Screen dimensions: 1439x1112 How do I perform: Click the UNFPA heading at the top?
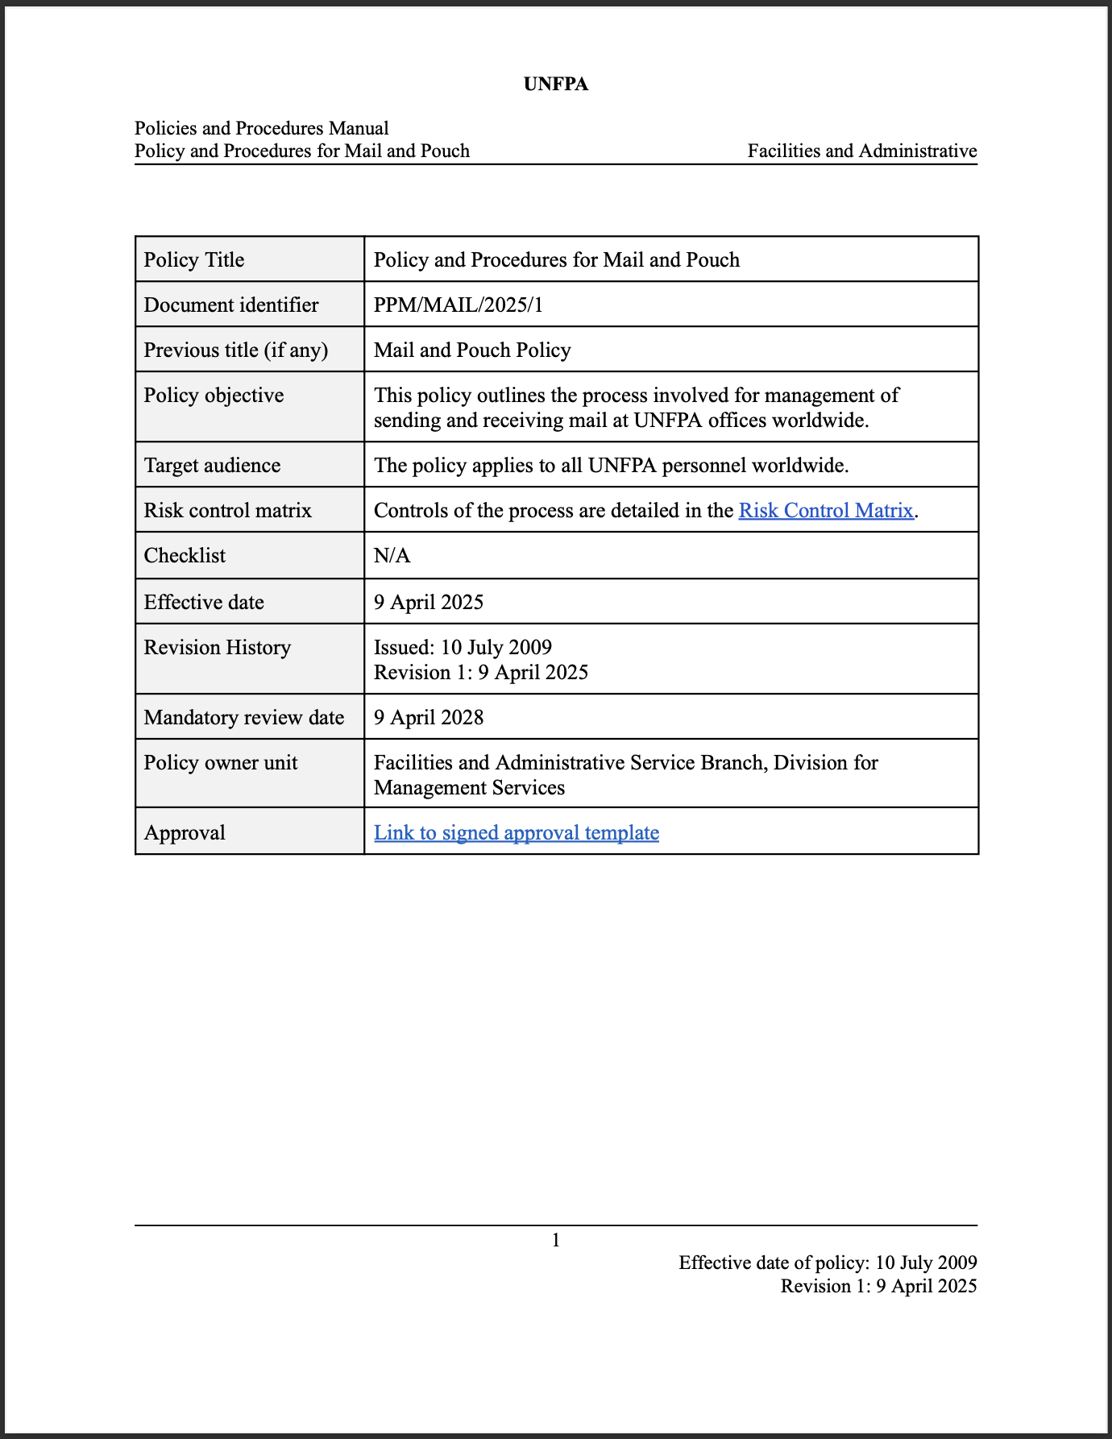pos(556,84)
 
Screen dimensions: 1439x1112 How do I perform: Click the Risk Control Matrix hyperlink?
pos(826,510)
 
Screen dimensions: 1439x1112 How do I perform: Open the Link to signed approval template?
pos(516,832)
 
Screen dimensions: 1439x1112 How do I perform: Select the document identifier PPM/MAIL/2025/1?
pos(458,305)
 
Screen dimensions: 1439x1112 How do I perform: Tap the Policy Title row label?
pos(194,259)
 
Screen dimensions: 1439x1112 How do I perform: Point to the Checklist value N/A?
pos(392,555)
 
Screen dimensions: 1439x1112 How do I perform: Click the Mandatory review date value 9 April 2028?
pos(429,717)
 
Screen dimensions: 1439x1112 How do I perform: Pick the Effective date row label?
pos(204,602)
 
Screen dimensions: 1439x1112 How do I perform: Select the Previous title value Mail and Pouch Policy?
pos(472,350)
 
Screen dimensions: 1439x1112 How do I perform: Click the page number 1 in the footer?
pos(556,1240)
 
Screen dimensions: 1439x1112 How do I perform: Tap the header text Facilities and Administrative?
pos(861,151)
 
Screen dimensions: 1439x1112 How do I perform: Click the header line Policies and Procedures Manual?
pos(261,128)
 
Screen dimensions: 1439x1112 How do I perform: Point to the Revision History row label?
pos(217,647)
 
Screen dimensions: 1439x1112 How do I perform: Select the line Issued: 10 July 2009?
pos(463,647)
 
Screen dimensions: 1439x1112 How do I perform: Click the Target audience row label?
pos(212,465)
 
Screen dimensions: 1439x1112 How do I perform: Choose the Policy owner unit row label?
pos(221,762)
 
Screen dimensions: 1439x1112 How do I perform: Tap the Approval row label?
pos(185,832)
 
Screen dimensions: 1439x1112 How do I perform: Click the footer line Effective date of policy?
pos(828,1263)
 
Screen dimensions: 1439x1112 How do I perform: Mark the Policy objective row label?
pos(214,395)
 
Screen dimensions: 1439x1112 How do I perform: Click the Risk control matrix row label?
pos(227,510)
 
